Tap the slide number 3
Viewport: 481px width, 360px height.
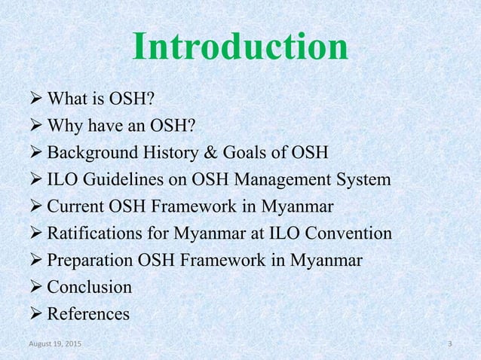[449, 344]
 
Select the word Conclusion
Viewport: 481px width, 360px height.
[89, 287]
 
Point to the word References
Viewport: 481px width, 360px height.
[88, 313]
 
